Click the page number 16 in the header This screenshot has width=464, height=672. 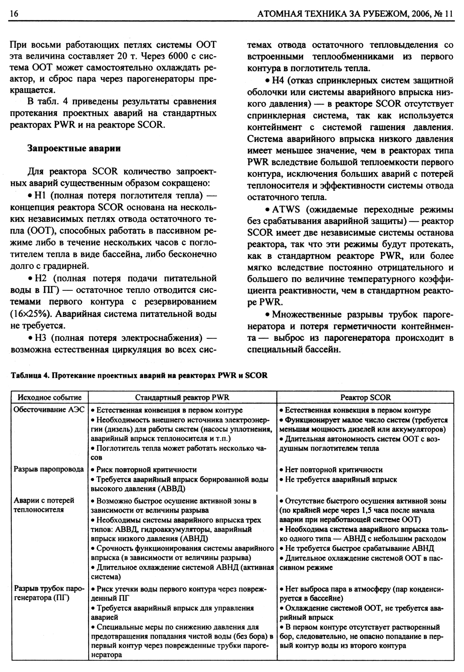[x=14, y=14]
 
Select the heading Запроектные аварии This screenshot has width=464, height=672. [x=74, y=148]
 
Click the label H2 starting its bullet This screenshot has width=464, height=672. [x=41, y=278]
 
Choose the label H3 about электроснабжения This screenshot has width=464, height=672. [x=41, y=338]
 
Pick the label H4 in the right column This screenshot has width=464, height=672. [x=279, y=80]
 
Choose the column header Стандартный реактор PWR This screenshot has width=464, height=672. [x=182, y=397]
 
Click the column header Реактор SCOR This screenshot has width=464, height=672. [x=365, y=397]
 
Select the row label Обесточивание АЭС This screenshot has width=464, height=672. [x=49, y=410]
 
